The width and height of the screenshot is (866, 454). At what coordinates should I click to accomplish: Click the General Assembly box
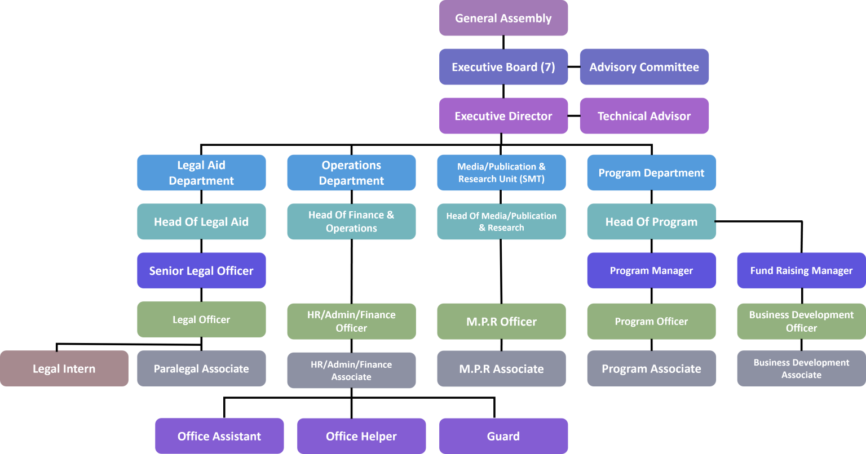[503, 18]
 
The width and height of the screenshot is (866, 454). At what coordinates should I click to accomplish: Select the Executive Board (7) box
[503, 67]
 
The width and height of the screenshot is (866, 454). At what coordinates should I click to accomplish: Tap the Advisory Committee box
[644, 67]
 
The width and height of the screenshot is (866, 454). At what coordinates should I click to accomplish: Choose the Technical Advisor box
[644, 116]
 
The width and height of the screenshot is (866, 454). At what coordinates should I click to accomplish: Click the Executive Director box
[503, 116]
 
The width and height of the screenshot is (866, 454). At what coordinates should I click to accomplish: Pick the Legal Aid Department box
[201, 173]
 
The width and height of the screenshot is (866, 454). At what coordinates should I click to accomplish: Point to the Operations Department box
[351, 173]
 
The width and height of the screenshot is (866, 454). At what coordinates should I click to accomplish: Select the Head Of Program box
[651, 222]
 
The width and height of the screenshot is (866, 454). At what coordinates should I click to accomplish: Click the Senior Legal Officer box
[201, 271]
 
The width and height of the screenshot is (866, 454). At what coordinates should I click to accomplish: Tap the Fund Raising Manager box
[801, 271]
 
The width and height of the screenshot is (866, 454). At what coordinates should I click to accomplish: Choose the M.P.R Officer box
[501, 322]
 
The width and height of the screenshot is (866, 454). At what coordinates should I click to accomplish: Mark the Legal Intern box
[64, 369]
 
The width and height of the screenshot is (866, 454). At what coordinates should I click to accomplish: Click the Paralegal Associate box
[201, 369]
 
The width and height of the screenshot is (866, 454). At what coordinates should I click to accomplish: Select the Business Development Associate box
[801, 369]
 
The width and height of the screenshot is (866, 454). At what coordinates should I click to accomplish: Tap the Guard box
[503, 436]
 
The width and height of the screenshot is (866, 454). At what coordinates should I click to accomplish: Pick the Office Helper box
[361, 436]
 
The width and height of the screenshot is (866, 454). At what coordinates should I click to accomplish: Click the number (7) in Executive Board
[547, 67]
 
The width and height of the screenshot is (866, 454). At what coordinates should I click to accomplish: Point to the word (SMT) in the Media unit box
[532, 179]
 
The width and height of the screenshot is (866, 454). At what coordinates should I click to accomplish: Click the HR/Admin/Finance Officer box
[351, 322]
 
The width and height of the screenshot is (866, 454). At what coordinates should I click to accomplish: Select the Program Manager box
[651, 271]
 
